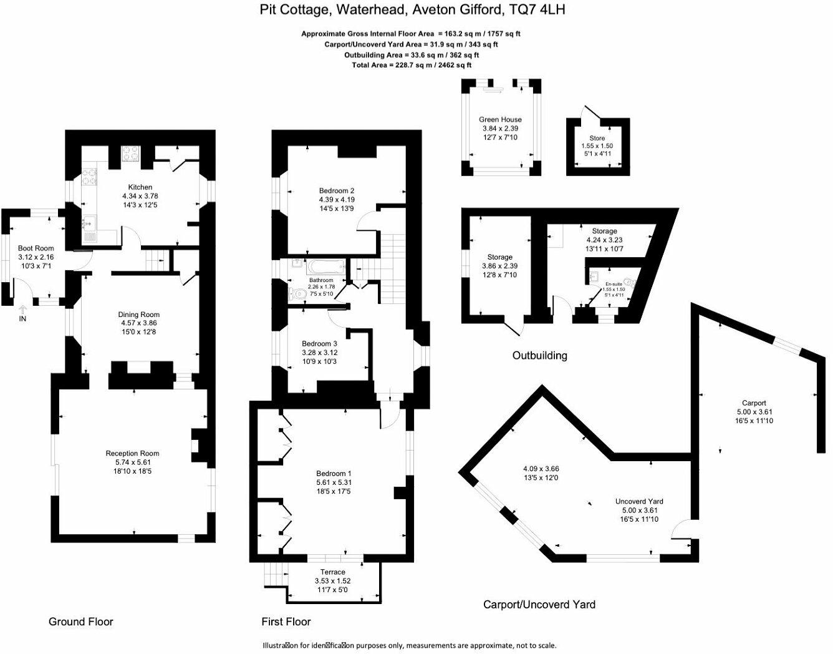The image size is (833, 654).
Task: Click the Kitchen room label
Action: point(140,187)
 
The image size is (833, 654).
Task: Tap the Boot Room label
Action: point(36,248)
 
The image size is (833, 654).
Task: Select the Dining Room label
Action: point(139,315)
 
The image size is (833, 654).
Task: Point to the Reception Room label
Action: point(132,454)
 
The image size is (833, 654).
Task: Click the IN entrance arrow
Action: point(23,310)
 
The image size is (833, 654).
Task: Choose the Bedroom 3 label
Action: point(319,344)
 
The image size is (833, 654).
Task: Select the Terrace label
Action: point(332,572)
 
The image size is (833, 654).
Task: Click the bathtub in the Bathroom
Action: point(325,268)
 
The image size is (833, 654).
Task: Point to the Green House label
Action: point(500,120)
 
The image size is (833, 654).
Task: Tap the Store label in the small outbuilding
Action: point(597,139)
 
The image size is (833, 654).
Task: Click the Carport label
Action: point(754,403)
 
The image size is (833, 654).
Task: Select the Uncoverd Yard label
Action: point(639,501)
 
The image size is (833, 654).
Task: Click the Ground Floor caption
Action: point(81,622)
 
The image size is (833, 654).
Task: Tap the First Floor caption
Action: point(286,622)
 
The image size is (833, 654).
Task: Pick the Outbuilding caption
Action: point(539,356)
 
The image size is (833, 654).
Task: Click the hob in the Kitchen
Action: point(132,153)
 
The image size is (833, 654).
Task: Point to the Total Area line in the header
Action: point(412,65)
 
